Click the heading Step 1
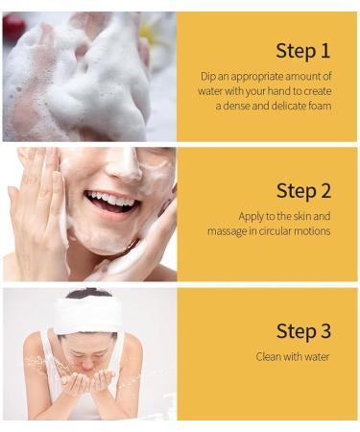click(302, 51)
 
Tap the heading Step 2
click(303, 191)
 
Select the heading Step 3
click(303, 331)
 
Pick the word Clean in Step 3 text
click(268, 356)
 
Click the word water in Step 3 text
click(316, 357)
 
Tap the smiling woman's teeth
click(110, 200)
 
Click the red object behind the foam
click(12, 26)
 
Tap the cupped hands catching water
click(88, 381)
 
